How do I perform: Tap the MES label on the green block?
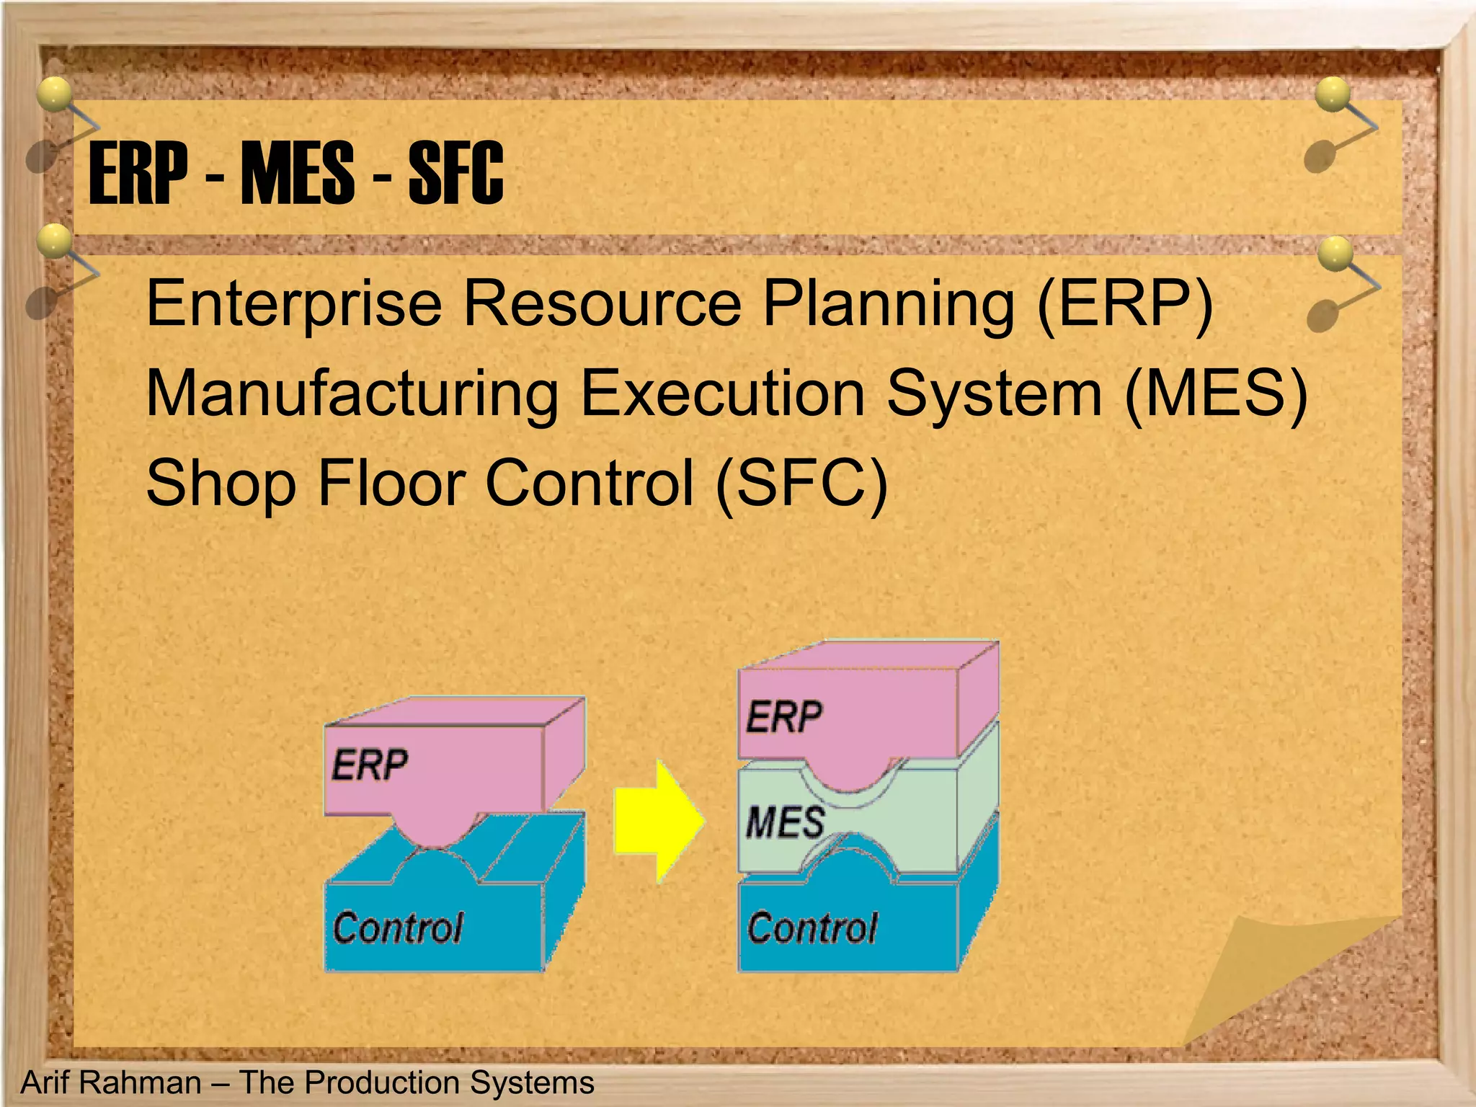click(x=785, y=822)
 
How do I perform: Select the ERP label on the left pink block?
click(x=370, y=765)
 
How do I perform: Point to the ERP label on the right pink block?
click(x=783, y=718)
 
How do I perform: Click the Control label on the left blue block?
click(x=398, y=928)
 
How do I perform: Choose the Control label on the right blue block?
click(x=812, y=928)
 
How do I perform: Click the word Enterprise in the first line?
click(x=294, y=305)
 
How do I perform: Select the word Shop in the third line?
click(x=221, y=484)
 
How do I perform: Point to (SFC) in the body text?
click(x=801, y=484)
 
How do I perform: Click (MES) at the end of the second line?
click(x=1216, y=394)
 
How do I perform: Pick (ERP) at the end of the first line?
click(x=1125, y=305)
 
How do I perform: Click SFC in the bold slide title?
click(x=455, y=173)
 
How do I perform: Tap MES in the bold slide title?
click(x=298, y=173)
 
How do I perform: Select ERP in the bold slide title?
click(x=138, y=173)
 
